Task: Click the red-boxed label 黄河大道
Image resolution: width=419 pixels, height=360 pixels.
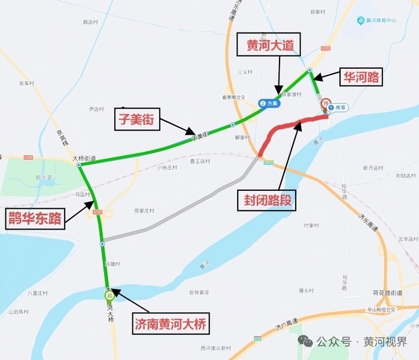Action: (x=269, y=45)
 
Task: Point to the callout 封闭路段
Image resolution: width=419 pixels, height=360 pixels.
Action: (x=268, y=199)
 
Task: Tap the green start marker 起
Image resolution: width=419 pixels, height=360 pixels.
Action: (x=109, y=295)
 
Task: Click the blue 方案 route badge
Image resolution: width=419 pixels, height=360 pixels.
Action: (x=269, y=103)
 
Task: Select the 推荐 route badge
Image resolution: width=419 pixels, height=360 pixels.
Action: (x=338, y=108)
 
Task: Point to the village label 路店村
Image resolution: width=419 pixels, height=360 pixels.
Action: (x=94, y=22)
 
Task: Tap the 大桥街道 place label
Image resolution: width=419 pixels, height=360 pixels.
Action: (x=84, y=158)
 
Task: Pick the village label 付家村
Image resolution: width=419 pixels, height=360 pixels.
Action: (x=312, y=225)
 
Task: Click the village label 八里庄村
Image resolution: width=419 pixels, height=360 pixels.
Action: (x=37, y=293)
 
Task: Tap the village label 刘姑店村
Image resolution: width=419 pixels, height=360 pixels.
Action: (x=405, y=176)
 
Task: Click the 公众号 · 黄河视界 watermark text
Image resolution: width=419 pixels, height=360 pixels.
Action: (x=361, y=341)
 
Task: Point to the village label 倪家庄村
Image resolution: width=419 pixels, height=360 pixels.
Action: (x=144, y=210)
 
